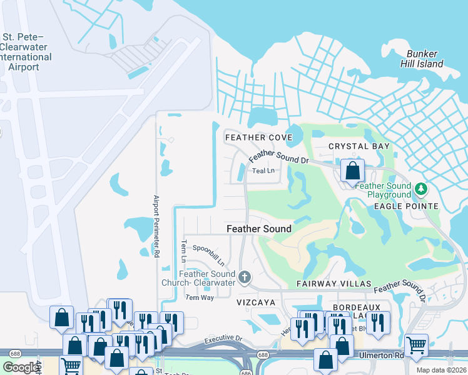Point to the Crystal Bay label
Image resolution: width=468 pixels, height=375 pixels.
pos(359,146)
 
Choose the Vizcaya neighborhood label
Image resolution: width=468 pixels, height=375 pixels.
pos(256,301)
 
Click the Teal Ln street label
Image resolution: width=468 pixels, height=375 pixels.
pos(263,170)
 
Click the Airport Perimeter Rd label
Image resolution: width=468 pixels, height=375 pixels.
pos(156,226)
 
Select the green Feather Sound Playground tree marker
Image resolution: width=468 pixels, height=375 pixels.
pos(421,188)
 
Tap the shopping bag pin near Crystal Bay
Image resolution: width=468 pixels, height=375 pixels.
pos(353,170)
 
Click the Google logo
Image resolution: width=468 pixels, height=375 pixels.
pos(21,367)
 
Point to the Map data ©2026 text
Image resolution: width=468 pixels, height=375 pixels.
pos(442,370)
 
